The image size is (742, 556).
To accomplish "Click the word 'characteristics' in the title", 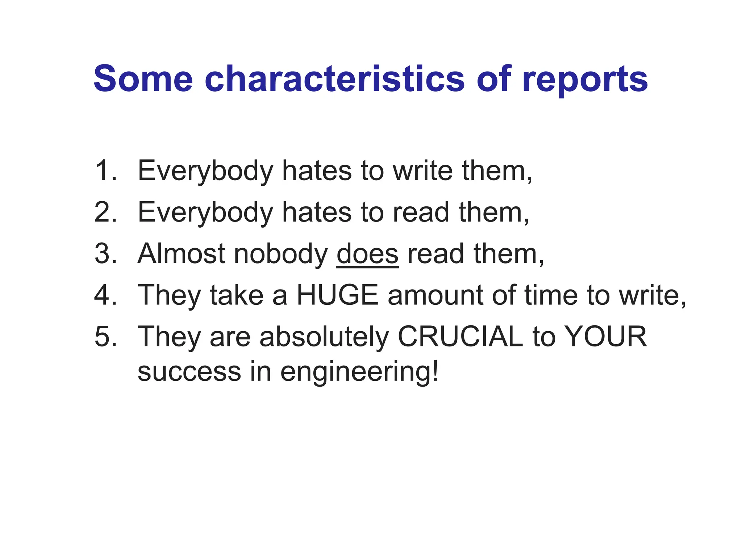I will pos(334,79).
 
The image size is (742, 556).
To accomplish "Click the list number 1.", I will pos(105,170).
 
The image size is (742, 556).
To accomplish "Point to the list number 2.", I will pos(105,212).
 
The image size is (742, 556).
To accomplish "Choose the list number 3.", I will pos(105,254).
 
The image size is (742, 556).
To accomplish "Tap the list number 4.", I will pos(105,295).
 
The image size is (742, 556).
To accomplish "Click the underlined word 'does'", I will pos(367,254).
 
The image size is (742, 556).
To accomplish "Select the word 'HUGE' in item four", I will pos(337,295).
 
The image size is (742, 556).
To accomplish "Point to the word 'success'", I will pos(189,372).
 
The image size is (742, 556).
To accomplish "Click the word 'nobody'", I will pos(281,254).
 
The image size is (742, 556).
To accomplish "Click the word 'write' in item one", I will pos(422,170).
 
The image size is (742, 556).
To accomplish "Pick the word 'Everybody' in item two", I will pos(205,213).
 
